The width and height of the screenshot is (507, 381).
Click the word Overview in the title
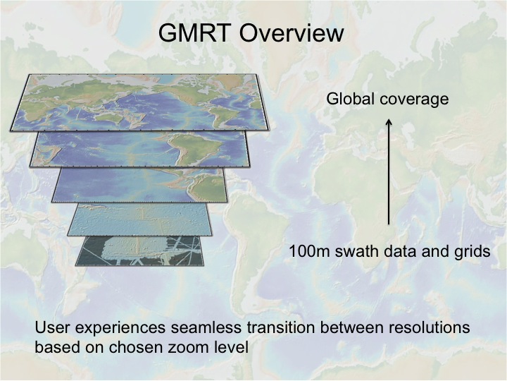click(x=291, y=32)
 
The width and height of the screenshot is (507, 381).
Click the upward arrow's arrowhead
click(x=389, y=123)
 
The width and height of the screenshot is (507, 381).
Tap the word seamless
click(x=206, y=327)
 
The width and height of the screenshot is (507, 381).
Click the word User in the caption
click(x=53, y=327)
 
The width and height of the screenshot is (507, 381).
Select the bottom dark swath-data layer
click(x=140, y=251)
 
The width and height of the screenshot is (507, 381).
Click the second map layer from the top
click(x=140, y=150)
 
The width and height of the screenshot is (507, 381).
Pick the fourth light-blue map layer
click(x=140, y=219)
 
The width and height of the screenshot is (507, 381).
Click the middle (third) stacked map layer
click(x=140, y=186)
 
